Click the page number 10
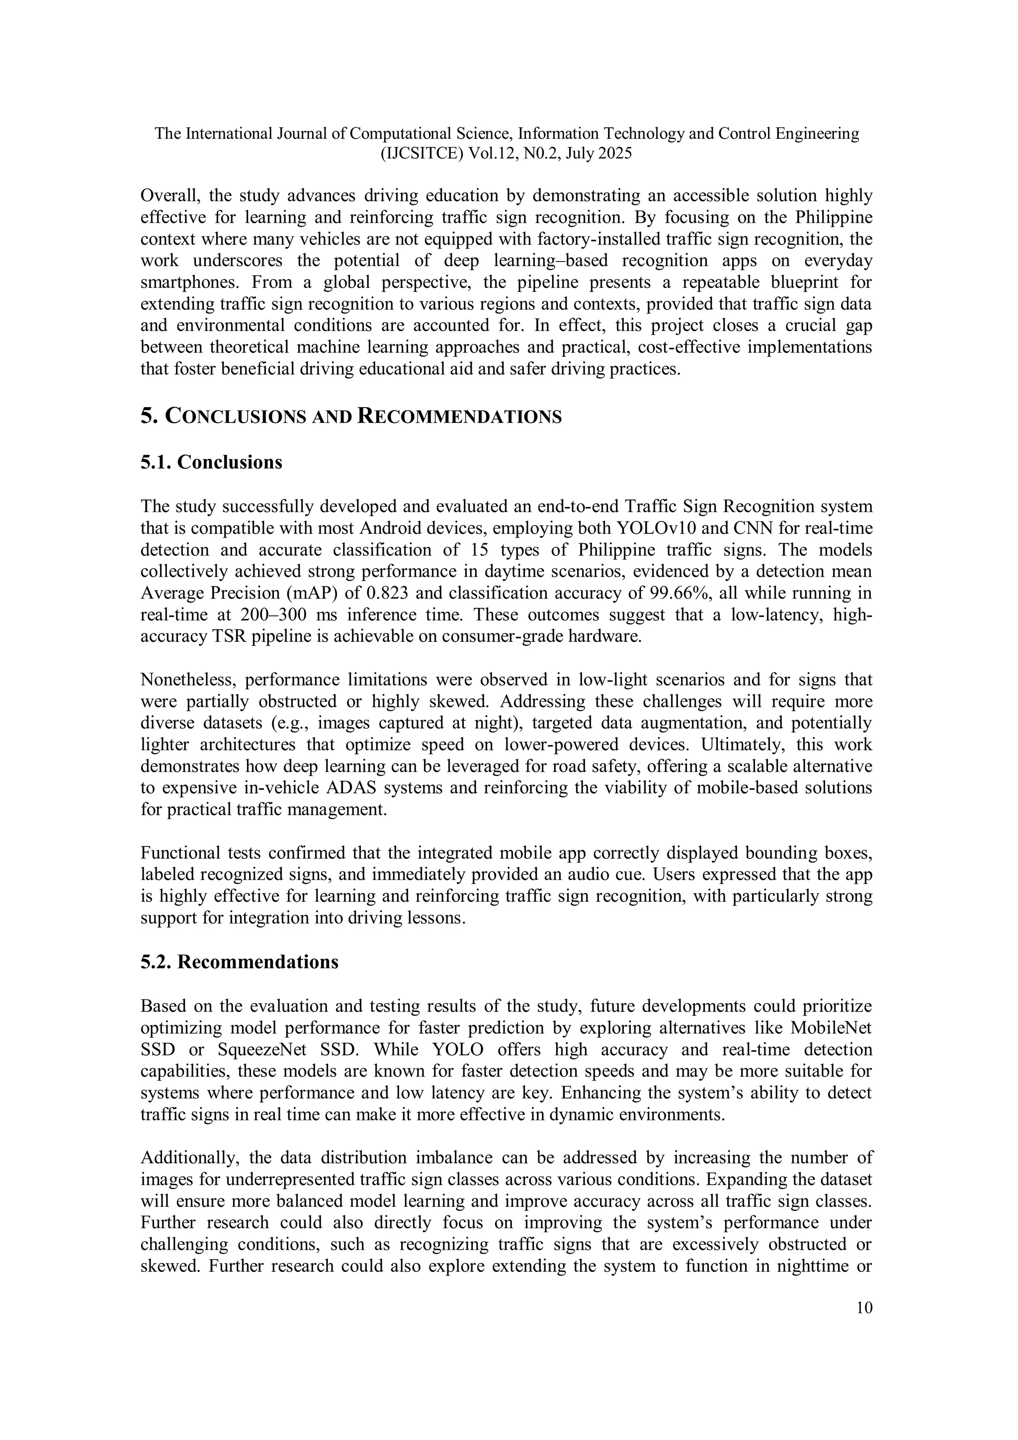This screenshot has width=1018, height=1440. (864, 1308)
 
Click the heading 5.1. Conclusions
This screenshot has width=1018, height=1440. (211, 462)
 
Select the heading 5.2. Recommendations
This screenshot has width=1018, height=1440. (239, 962)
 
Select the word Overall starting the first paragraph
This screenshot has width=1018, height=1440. (168, 196)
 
